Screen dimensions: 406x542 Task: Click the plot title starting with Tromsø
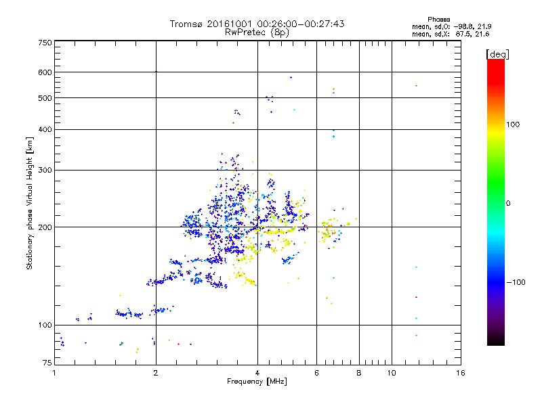257,24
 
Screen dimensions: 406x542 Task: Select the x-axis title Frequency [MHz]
257,382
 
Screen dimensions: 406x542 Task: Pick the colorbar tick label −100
516,281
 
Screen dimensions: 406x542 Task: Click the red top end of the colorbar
495,62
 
